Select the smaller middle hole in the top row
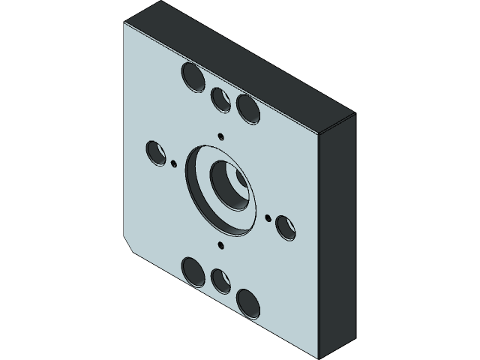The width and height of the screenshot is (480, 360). click(x=220, y=98)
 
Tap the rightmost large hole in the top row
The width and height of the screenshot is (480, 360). click(x=247, y=108)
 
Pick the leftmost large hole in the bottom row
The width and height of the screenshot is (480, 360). click(x=192, y=270)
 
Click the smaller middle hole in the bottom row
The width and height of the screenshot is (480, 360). click(x=220, y=280)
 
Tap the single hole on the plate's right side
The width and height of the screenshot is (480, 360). click(x=286, y=226)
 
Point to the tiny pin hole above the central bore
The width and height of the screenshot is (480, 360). click(x=220, y=136)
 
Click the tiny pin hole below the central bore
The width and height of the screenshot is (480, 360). click(x=220, y=244)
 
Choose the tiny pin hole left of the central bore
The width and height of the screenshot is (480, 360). click(x=174, y=163)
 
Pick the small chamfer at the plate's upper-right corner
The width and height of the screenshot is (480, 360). click(x=335, y=124)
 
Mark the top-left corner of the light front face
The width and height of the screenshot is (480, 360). click(x=125, y=23)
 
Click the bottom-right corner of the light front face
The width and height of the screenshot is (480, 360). click(x=318, y=352)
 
